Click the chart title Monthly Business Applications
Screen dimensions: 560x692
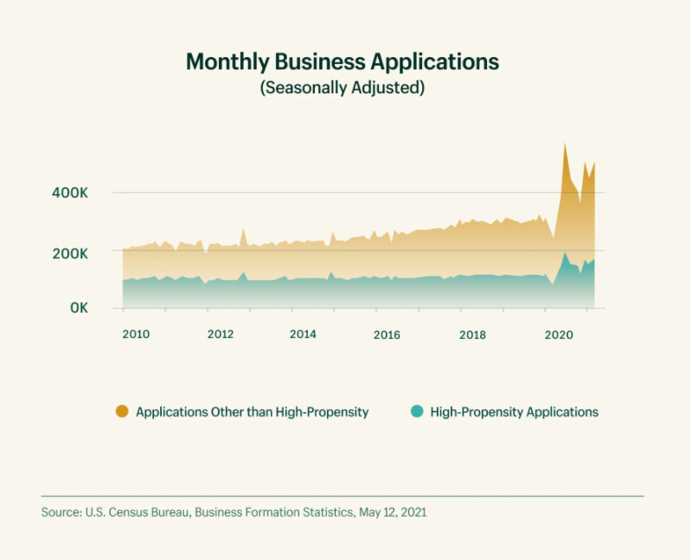pyautogui.click(x=343, y=62)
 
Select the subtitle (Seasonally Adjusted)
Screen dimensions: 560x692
pyautogui.click(x=343, y=88)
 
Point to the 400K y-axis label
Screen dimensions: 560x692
pyautogui.click(x=70, y=192)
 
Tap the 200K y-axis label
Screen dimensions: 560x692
pyautogui.click(x=70, y=253)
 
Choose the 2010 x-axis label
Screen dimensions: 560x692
pyautogui.click(x=136, y=334)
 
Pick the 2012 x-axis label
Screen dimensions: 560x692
pyautogui.click(x=221, y=334)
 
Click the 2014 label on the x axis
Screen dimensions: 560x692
pyautogui.click(x=303, y=334)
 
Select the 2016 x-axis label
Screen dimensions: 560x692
pyautogui.click(x=387, y=334)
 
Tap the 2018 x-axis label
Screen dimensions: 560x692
pyautogui.click(x=471, y=334)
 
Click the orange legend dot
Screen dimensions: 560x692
pyautogui.click(x=122, y=411)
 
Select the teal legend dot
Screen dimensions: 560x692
pyautogui.click(x=416, y=411)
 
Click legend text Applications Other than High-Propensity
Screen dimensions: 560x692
pyautogui.click(x=252, y=412)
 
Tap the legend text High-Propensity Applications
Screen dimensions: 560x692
pyautogui.click(x=514, y=412)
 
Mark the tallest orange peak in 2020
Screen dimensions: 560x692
pyautogui.click(x=565, y=145)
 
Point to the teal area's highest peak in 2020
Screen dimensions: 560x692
pyautogui.click(x=565, y=253)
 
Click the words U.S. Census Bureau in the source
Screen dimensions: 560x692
pyautogui.click(x=138, y=512)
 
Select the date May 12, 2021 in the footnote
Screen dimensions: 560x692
pyautogui.click(x=393, y=512)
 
